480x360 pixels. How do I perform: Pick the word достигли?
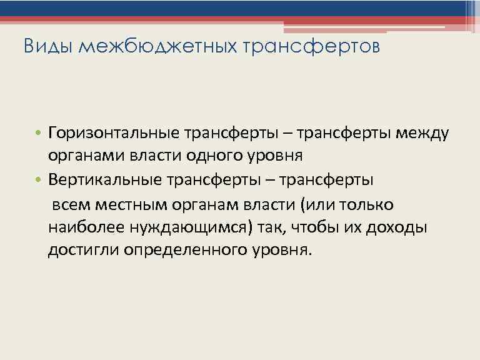point(82,250)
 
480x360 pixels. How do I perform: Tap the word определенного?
point(181,250)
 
